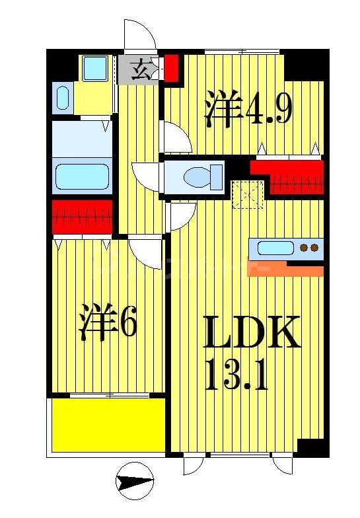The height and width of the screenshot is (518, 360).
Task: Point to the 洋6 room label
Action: coord(109,322)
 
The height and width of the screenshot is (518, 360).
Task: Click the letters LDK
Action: coord(251,334)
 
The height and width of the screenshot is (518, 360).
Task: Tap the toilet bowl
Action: coord(198,177)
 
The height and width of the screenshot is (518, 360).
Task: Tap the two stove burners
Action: coord(308,248)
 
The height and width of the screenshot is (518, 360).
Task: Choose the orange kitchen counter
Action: coord(285,269)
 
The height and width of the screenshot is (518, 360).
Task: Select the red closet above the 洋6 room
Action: coord(82,217)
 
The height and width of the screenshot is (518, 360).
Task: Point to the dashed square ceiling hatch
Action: coord(249,194)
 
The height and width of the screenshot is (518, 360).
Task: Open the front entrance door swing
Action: coord(139,36)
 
